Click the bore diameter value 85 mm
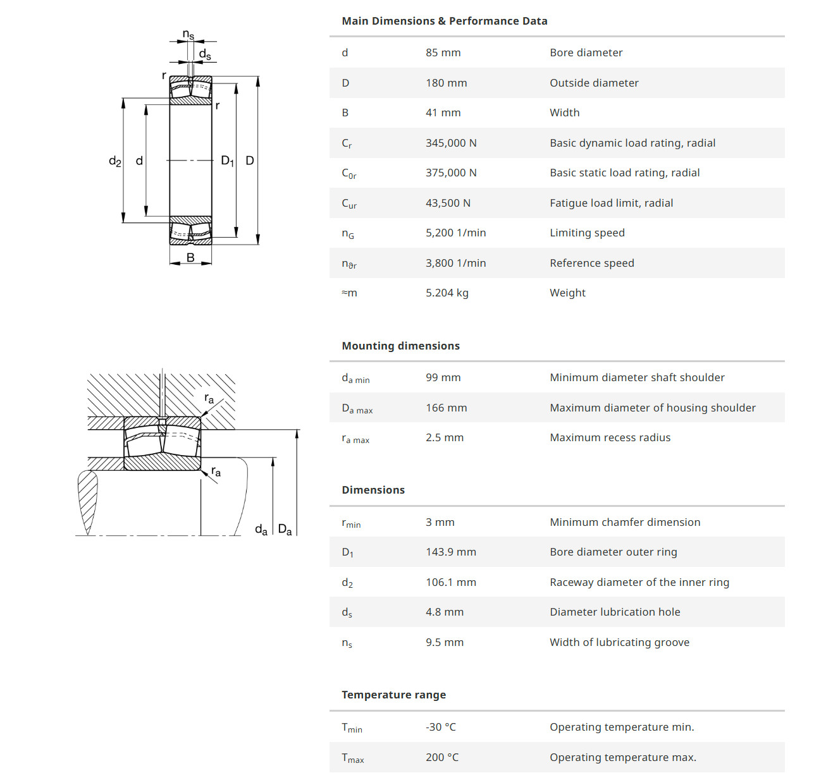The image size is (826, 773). (x=443, y=52)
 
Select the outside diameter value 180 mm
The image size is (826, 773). (x=446, y=83)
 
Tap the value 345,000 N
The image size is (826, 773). (x=451, y=143)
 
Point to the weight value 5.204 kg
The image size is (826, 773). (x=447, y=293)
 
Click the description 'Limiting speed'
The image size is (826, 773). (x=587, y=233)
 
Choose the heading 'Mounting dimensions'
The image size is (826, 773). (x=400, y=346)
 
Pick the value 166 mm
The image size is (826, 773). (x=446, y=408)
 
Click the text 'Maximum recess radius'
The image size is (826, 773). (x=610, y=437)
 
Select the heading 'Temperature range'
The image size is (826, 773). (x=393, y=695)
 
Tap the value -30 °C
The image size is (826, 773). (x=440, y=727)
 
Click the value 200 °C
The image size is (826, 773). (x=442, y=757)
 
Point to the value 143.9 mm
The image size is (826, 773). (x=450, y=552)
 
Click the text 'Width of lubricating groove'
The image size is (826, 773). (x=619, y=642)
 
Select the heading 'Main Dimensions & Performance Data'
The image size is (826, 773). (x=444, y=21)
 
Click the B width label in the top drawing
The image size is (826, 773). (x=190, y=257)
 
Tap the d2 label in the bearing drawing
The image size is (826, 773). (x=114, y=161)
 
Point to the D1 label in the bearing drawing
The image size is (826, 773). (x=227, y=161)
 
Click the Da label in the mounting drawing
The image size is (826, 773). (x=285, y=529)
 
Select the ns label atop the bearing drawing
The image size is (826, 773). (x=188, y=34)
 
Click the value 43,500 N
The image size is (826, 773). (x=448, y=203)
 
